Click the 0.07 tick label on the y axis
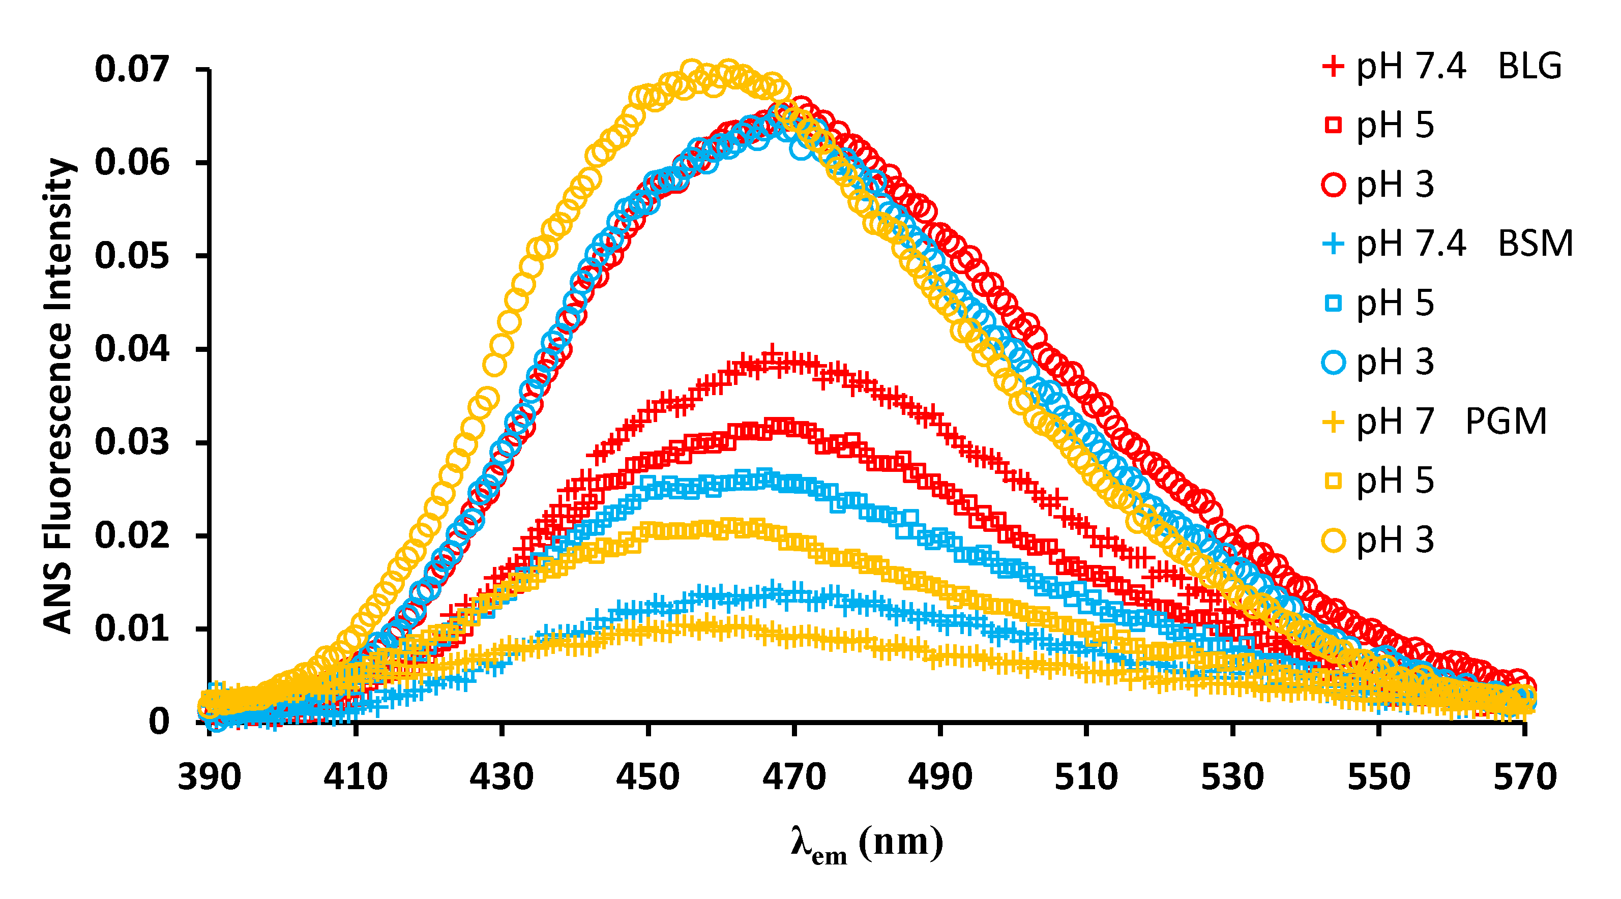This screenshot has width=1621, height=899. coord(132,69)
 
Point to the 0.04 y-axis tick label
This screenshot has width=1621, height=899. coord(132,349)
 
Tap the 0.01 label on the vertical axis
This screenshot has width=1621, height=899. coord(132,628)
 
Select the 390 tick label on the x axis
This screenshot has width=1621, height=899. coord(210,777)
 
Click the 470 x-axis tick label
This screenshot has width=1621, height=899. coord(794,777)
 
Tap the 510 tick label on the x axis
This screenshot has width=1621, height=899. coord(1086,777)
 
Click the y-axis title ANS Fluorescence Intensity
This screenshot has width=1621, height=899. coord(58,395)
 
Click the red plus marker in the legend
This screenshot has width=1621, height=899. coord(1333,66)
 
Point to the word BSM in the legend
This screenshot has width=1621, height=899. coord(1535,244)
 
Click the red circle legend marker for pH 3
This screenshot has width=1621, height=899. coord(1333,185)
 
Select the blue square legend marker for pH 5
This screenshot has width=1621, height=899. coord(1333,303)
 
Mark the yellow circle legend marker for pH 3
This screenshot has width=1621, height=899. coord(1333,540)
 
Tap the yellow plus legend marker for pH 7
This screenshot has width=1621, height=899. coord(1333,421)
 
